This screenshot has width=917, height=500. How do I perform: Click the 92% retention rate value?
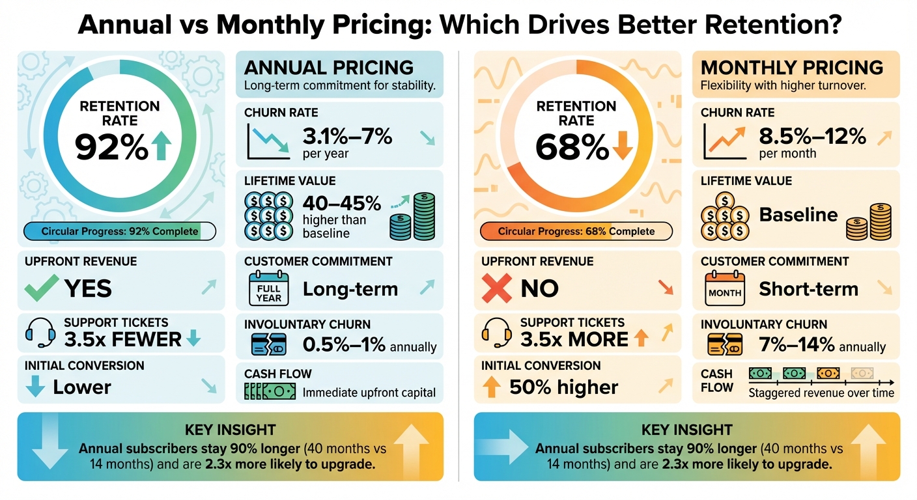point(112,147)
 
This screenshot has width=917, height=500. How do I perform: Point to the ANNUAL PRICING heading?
point(328,67)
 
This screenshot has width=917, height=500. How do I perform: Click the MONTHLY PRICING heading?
point(791,67)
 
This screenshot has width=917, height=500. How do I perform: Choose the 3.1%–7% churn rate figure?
point(347,137)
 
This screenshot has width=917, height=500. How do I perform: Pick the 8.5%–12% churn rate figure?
point(812,137)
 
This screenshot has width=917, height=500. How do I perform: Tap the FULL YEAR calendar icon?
point(268,288)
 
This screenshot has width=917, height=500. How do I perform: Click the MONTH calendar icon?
point(724,290)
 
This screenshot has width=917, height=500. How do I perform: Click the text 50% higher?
point(563,387)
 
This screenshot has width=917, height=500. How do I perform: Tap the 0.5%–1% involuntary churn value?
point(344,346)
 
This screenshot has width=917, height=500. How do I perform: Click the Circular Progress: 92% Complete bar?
point(120,231)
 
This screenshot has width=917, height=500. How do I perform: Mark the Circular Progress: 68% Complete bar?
point(576,231)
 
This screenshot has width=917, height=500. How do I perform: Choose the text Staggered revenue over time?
point(821,393)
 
